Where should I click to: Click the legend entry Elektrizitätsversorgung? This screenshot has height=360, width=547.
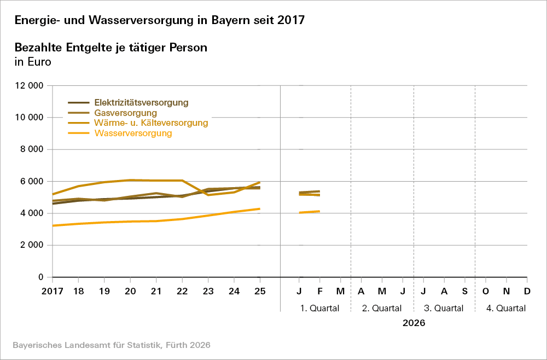pyautogui.click(x=141, y=102)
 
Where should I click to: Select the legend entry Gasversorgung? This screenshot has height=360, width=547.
pyautogui.click(x=126, y=113)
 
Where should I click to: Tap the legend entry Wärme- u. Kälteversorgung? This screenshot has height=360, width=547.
pyautogui.click(x=151, y=123)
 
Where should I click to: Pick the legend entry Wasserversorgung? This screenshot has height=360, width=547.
pyautogui.click(x=133, y=133)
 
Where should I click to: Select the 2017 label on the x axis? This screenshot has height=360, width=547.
pyautogui.click(x=53, y=291)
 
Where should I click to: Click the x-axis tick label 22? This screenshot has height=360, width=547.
pyautogui.click(x=182, y=291)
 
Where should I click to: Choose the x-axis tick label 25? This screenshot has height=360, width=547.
pyautogui.click(x=260, y=291)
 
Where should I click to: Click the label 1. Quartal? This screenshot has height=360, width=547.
pyautogui.click(x=320, y=308)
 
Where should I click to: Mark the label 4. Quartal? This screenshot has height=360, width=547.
pyautogui.click(x=506, y=308)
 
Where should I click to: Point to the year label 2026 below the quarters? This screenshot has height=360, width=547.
pyautogui.click(x=414, y=323)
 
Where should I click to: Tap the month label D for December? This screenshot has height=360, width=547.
pyautogui.click(x=527, y=291)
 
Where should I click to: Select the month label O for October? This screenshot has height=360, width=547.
pyautogui.click(x=485, y=291)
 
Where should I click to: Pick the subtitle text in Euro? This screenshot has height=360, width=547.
pyautogui.click(x=33, y=62)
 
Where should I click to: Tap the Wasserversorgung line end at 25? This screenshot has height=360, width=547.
pyautogui.click(x=260, y=209)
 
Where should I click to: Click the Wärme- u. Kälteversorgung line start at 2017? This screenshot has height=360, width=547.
pyautogui.click(x=53, y=194)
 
